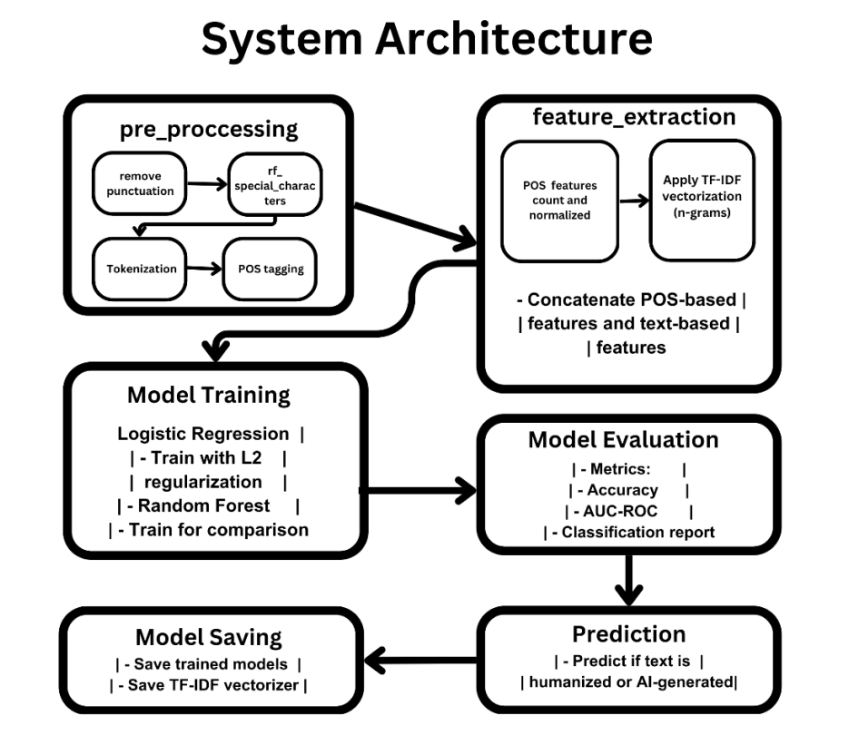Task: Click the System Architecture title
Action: point(427,39)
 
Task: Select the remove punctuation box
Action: point(140,183)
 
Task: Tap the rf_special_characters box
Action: point(275,185)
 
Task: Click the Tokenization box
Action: point(140,269)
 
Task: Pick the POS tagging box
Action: point(271,269)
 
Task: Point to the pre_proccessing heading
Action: point(209,130)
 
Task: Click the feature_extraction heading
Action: point(634,117)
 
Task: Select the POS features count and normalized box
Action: point(560,201)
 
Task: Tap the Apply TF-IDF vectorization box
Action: point(702,201)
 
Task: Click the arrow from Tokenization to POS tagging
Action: point(204,269)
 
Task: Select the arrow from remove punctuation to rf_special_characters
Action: point(207,184)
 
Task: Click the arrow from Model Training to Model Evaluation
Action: point(418,491)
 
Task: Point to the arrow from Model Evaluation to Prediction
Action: point(628,580)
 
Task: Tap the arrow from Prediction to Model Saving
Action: point(420,660)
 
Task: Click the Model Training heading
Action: point(209,396)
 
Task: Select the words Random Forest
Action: point(203,505)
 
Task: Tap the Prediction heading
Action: point(629,634)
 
